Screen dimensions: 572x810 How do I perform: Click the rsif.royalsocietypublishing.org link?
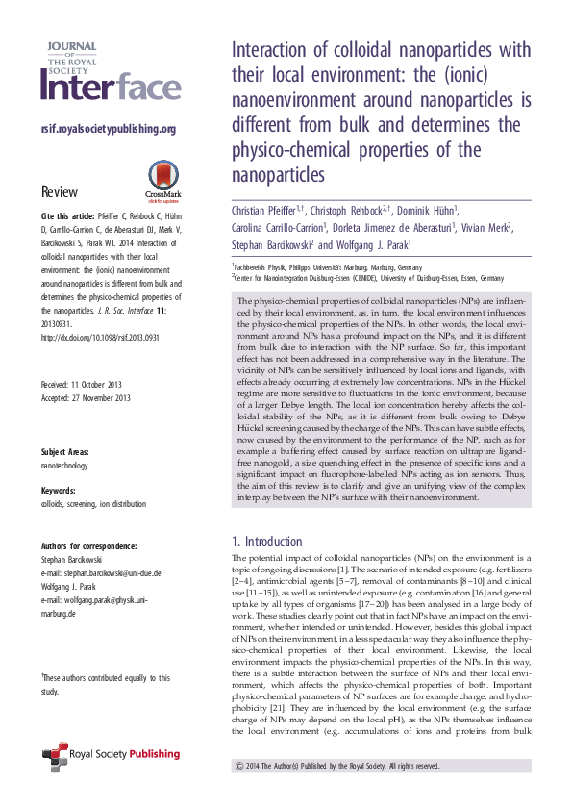108,130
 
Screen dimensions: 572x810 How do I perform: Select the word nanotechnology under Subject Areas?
64,466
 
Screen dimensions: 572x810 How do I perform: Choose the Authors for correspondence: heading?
88,544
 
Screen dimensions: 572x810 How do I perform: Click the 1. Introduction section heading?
267,542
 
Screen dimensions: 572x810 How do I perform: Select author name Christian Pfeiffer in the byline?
266,210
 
